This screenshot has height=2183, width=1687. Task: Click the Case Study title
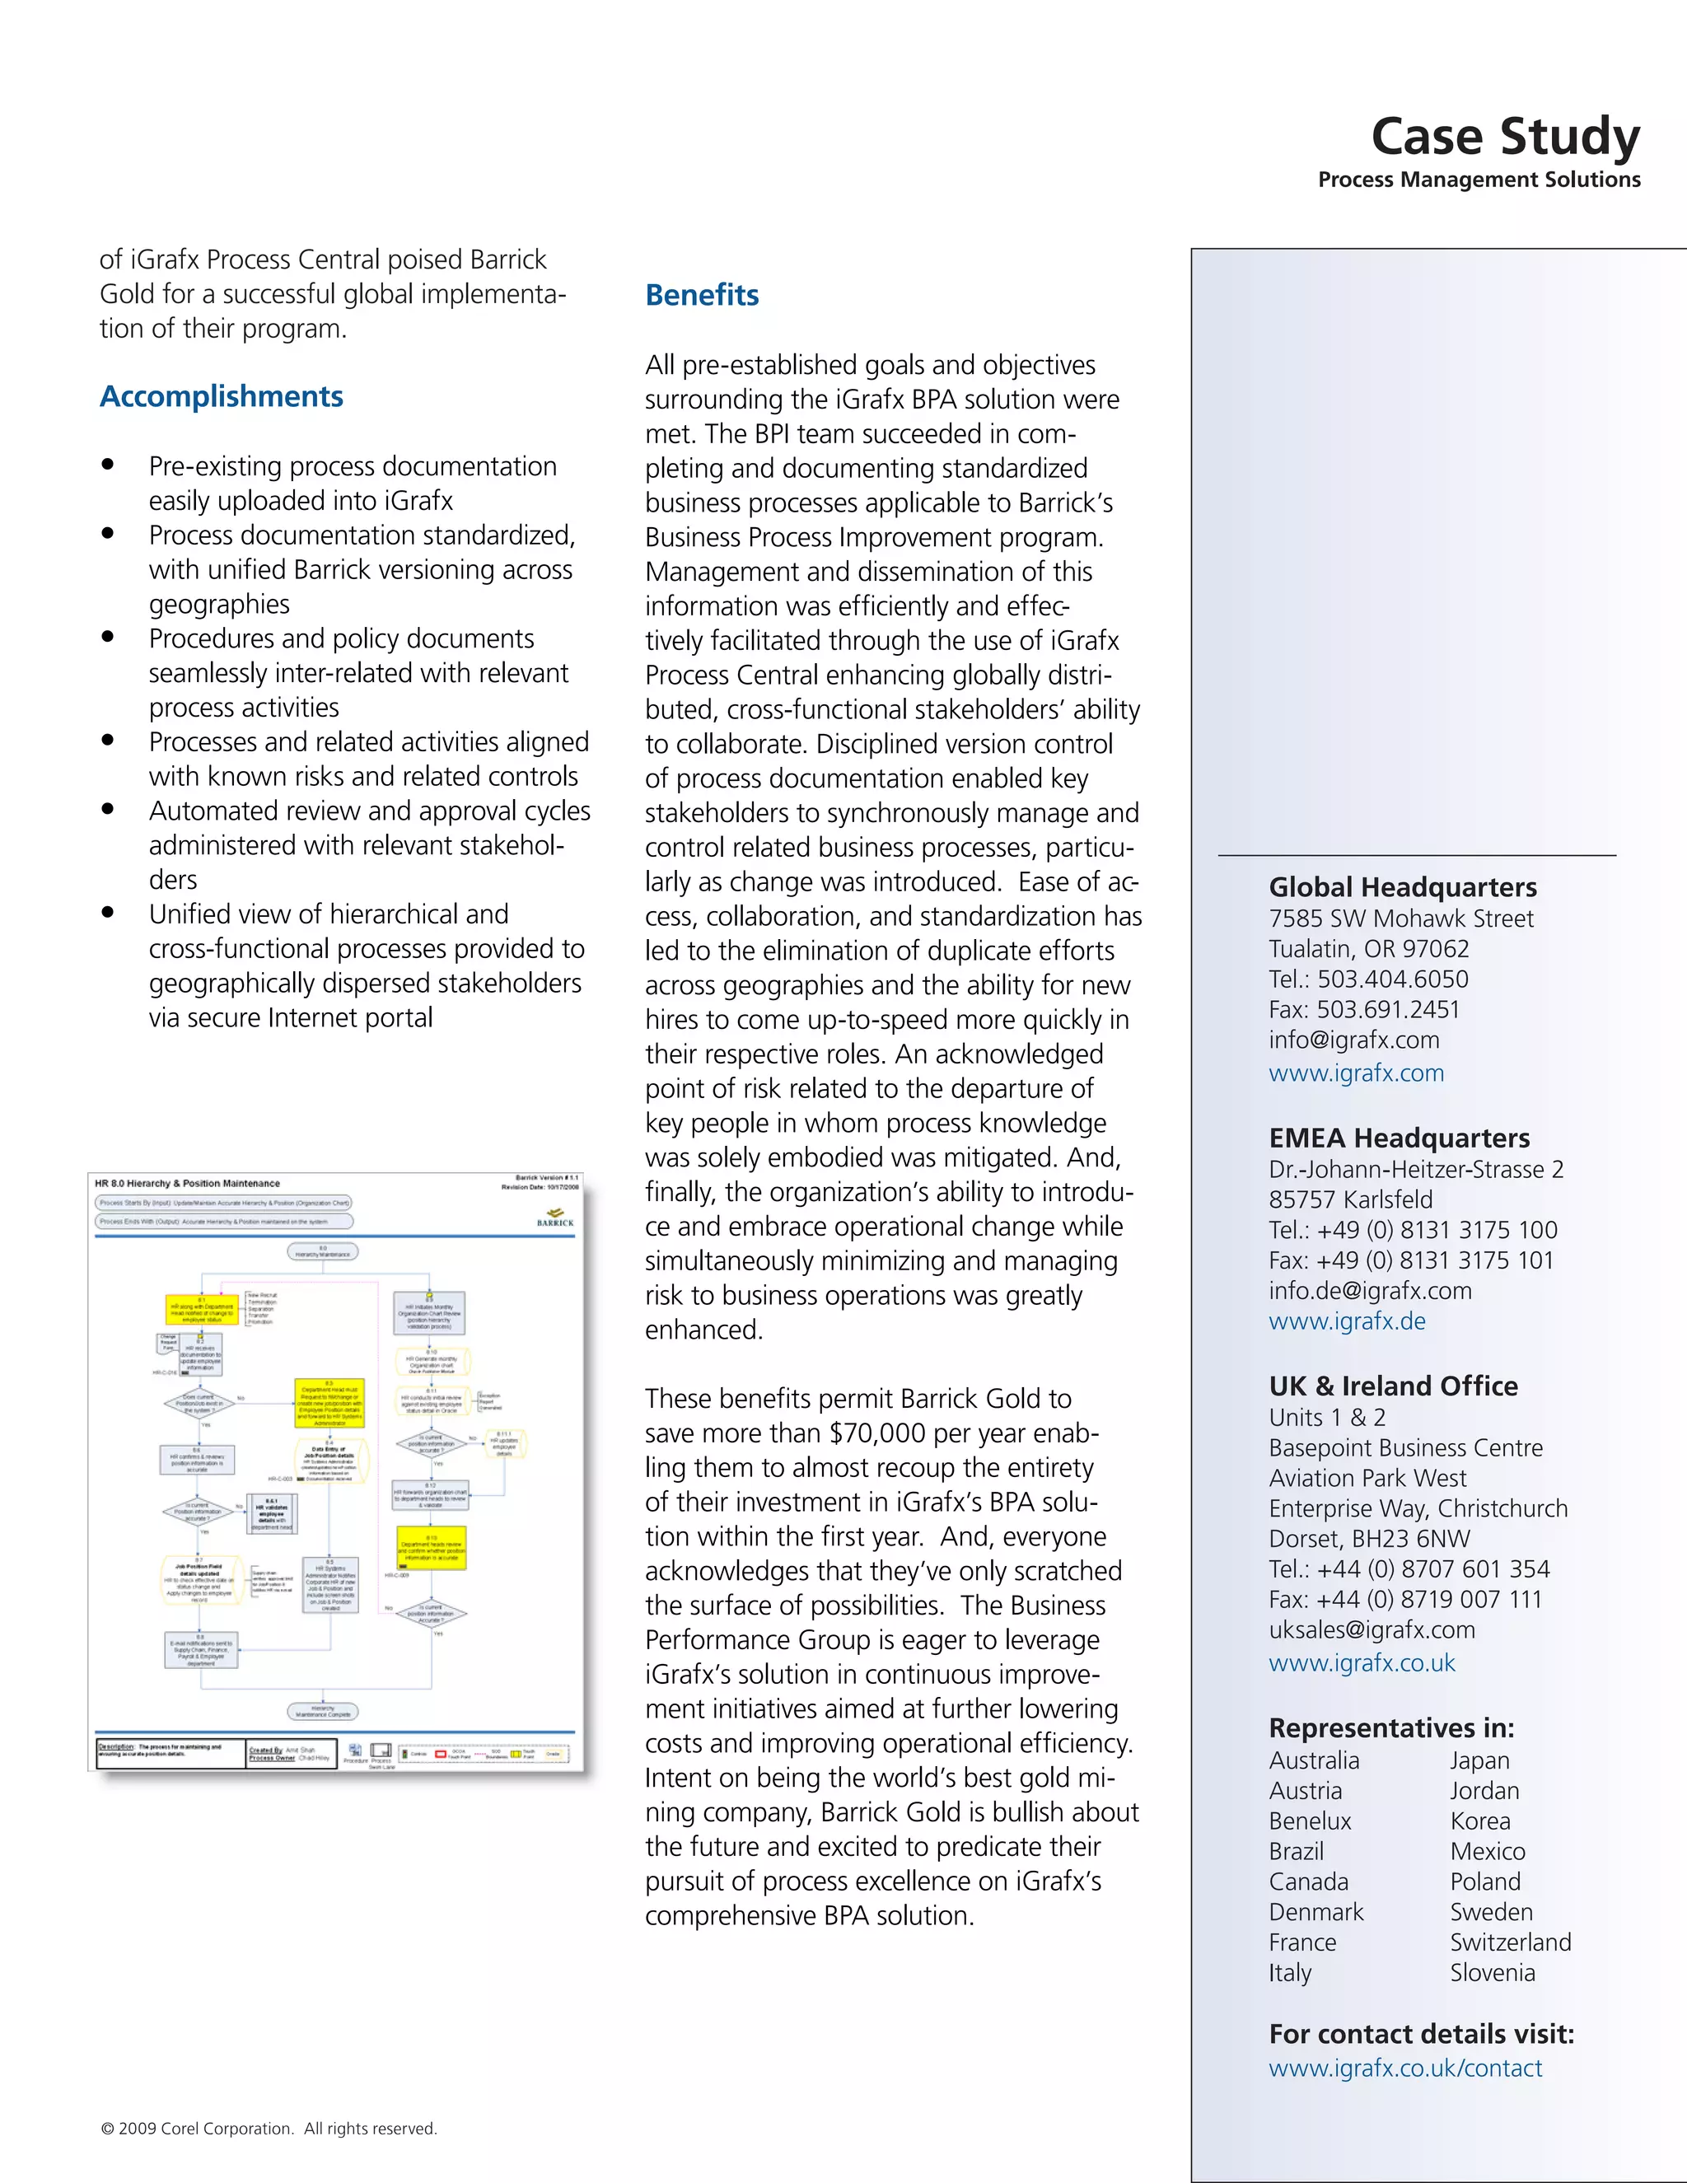coord(1504,137)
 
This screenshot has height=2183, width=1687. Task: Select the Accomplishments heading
coord(221,397)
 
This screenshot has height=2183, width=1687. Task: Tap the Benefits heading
coord(702,295)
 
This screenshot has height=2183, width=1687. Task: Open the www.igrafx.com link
coord(1355,1073)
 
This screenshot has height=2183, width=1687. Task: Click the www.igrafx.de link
coord(1346,1321)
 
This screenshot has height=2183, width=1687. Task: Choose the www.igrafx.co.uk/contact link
coord(1404,2068)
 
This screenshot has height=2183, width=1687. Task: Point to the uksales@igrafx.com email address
coord(1372,1630)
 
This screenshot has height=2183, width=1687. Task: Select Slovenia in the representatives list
coord(1491,1972)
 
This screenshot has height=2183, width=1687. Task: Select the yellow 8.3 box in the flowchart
coord(329,1404)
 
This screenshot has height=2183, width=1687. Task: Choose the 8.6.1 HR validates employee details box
coord(272,1514)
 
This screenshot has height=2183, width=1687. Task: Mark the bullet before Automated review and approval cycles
coord(108,809)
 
